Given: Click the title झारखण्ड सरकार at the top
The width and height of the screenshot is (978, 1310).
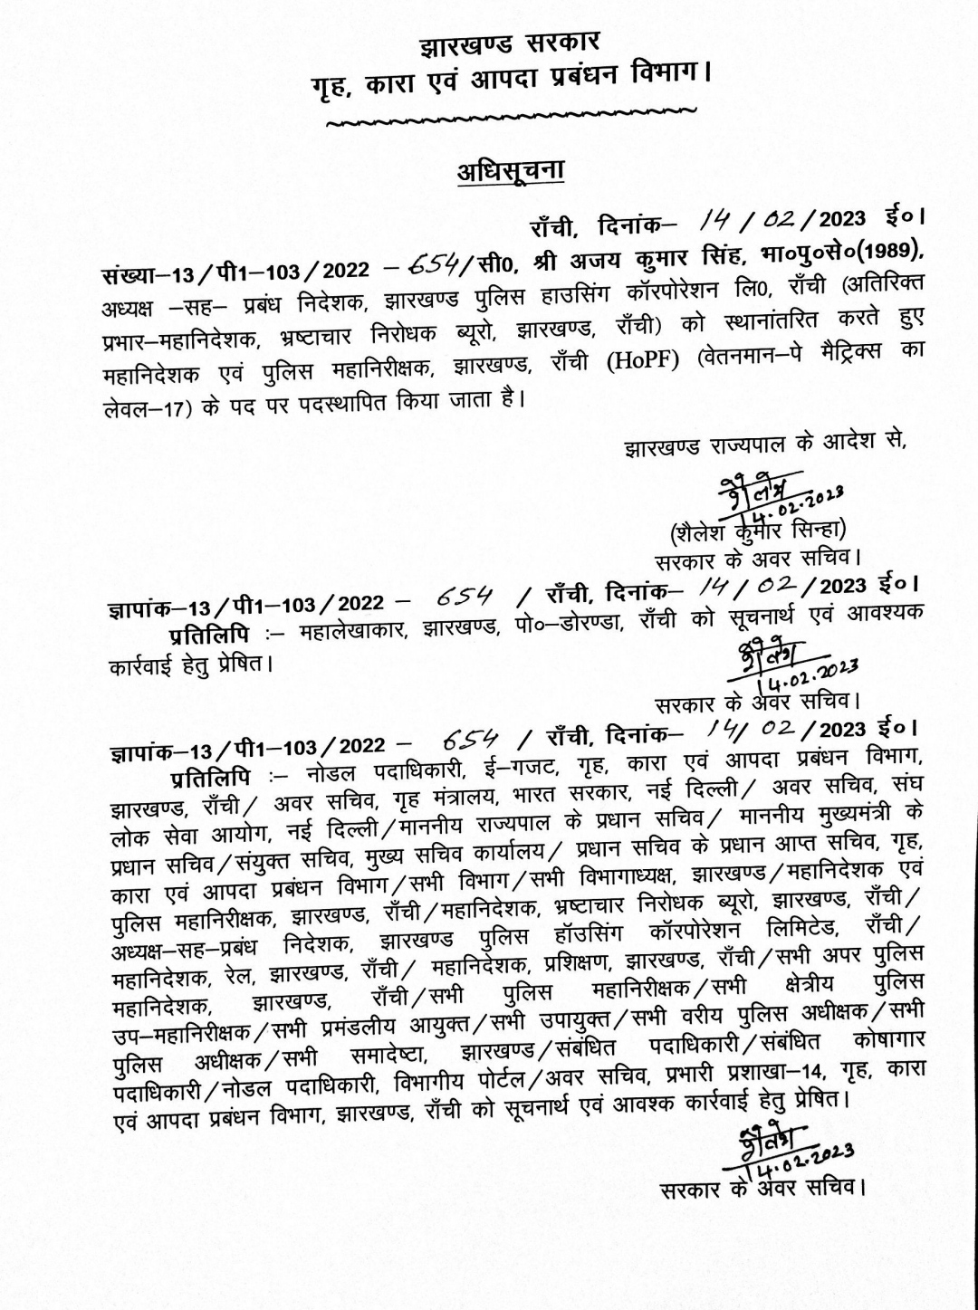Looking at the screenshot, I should point(508,43).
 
